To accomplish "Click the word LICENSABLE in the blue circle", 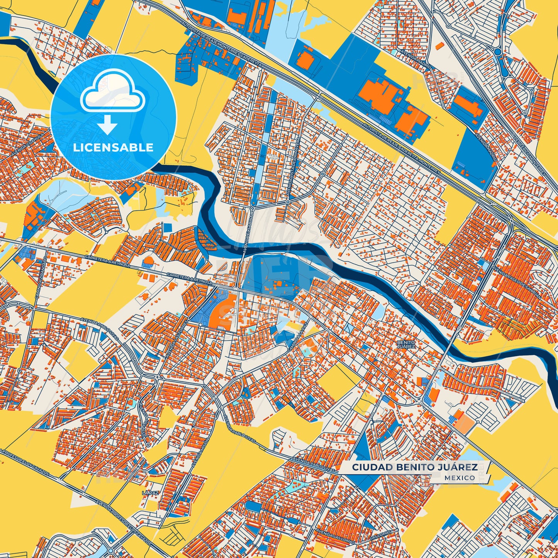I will point(114,148).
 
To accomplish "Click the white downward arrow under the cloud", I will point(107,126).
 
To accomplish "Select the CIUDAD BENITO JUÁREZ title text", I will point(414,467).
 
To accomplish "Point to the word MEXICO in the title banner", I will point(460,478).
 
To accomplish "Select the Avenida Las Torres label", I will point(180,332).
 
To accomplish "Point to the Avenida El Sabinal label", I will point(248,232).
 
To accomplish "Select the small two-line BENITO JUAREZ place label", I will point(406,344).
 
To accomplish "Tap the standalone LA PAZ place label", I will point(150,493).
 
